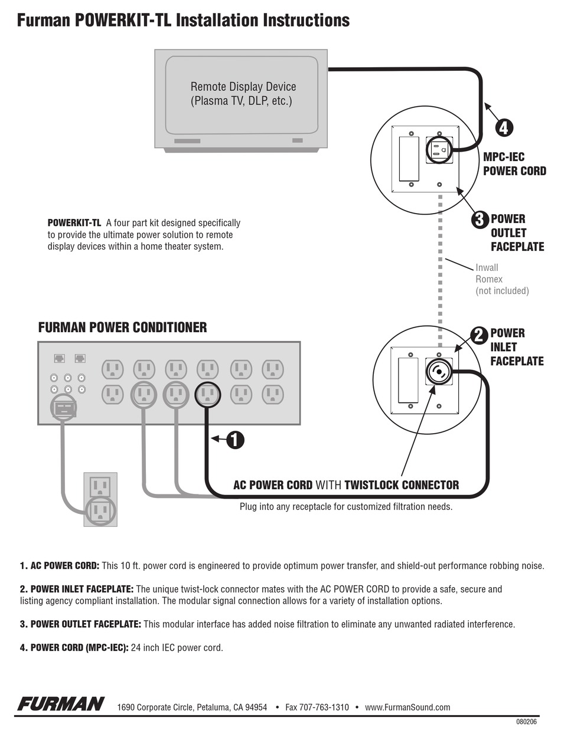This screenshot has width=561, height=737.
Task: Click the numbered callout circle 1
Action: point(234,440)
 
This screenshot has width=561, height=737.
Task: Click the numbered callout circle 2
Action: point(479,335)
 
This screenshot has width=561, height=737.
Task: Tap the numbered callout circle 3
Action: point(480,220)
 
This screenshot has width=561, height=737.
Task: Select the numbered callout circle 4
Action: point(503,127)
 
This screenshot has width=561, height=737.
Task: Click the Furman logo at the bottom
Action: point(61,704)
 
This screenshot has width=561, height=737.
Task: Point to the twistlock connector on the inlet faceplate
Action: point(439,371)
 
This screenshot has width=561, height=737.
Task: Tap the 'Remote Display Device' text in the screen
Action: point(243,87)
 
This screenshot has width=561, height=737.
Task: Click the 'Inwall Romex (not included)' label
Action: point(501,279)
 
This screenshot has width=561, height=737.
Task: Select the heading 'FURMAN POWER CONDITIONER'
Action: point(122,327)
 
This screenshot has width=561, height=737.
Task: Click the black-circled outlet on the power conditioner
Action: point(207,394)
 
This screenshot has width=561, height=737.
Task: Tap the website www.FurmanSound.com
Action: point(407,707)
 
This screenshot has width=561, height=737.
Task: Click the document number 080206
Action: point(526,722)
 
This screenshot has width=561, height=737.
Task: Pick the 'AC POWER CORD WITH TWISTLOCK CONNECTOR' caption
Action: point(346,485)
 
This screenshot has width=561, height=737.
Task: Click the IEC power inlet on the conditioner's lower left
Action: point(64,407)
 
